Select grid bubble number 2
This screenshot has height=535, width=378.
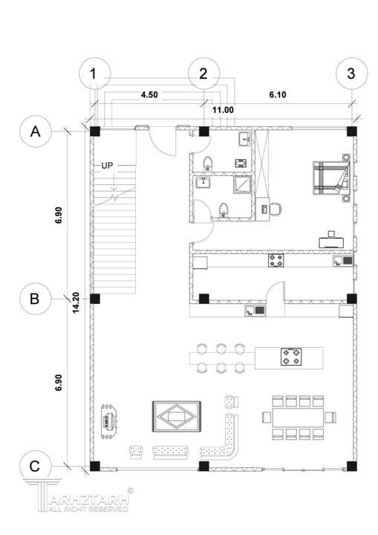[204, 74]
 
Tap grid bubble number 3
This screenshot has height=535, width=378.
[352, 74]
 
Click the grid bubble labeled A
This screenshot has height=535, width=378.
[36, 132]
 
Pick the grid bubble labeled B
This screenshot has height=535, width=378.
[36, 299]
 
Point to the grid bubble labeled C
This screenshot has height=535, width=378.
[36, 466]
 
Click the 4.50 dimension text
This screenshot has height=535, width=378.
[149, 95]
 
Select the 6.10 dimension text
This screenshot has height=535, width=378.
[278, 95]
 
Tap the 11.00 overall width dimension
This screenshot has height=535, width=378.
[223, 110]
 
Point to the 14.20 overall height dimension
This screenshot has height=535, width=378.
[76, 302]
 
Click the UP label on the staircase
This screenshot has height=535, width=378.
[107, 166]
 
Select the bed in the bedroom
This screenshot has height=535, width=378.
[332, 178]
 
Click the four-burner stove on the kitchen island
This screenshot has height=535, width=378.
[291, 357]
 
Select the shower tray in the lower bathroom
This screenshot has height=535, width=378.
[242, 184]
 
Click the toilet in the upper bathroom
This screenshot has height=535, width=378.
[208, 163]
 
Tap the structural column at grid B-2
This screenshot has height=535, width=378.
[203, 299]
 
